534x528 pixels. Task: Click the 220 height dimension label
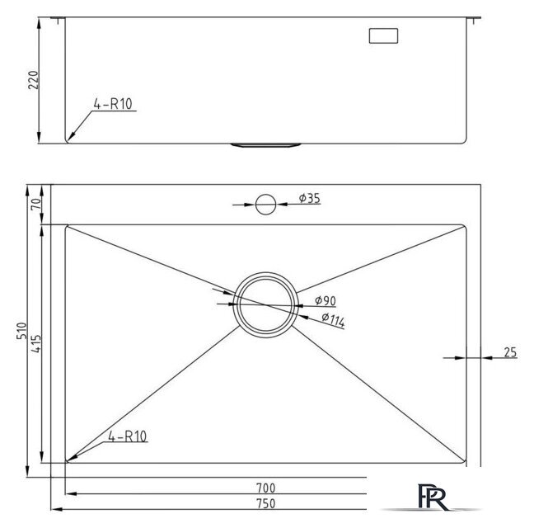pyautogui.click(x=33, y=80)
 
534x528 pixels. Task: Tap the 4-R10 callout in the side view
pyautogui.click(x=113, y=104)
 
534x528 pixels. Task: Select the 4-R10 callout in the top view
pyautogui.click(x=128, y=436)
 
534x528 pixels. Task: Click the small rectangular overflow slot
pyautogui.click(x=383, y=35)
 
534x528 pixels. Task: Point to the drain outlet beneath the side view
pyautogui.click(x=265, y=145)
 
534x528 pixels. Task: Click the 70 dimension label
pyautogui.click(x=36, y=204)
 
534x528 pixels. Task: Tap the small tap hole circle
pyautogui.click(x=265, y=205)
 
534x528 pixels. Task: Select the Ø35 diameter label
pyautogui.click(x=310, y=198)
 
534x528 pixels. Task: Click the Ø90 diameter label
pyautogui.click(x=326, y=300)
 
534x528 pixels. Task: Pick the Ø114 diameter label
pyautogui.click(x=333, y=320)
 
